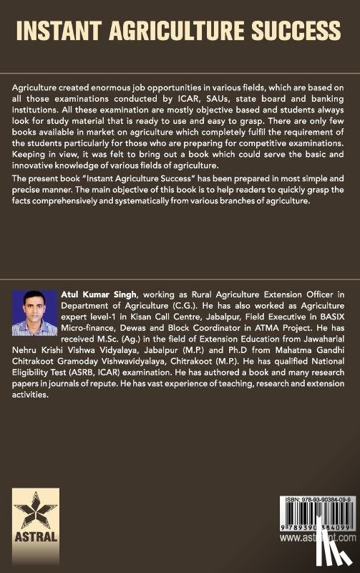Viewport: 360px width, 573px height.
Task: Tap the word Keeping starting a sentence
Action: click(31, 163)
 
